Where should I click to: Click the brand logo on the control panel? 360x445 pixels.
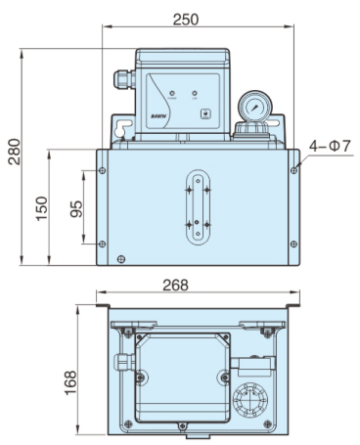(x=160, y=114)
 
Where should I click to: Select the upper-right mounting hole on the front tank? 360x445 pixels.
(x=293, y=168)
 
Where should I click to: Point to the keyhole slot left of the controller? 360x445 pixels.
(x=119, y=130)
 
